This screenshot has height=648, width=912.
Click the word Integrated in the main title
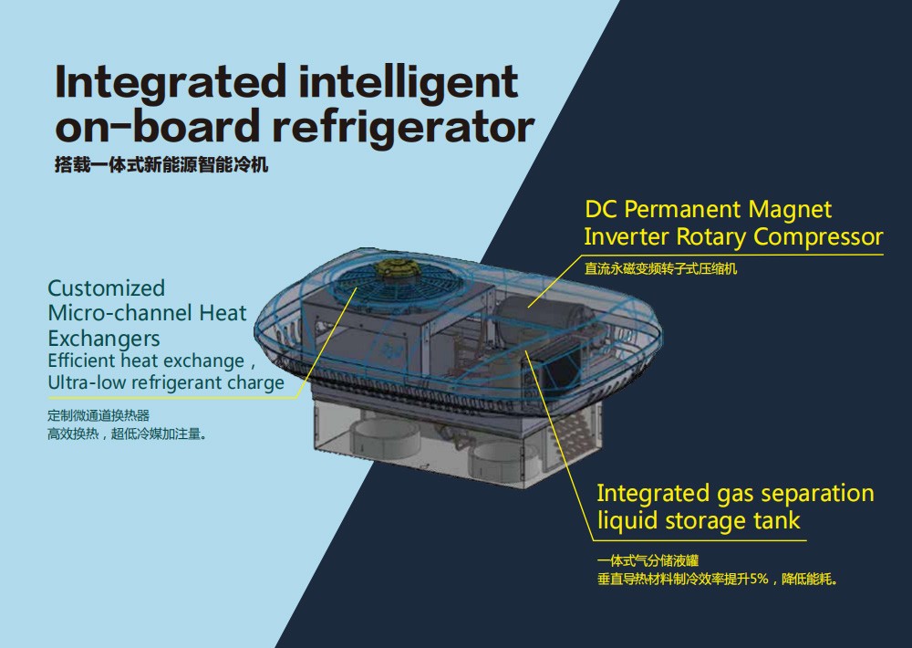point(171,82)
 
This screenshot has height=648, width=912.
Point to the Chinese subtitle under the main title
point(161,165)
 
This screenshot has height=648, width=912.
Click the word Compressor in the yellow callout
point(818,237)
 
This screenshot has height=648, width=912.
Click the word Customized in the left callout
point(107,288)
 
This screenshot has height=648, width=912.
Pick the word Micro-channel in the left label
point(120,313)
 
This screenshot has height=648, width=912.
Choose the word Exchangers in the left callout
point(104,339)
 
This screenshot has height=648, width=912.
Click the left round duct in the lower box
point(385,438)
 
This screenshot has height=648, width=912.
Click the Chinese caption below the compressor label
point(660,268)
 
